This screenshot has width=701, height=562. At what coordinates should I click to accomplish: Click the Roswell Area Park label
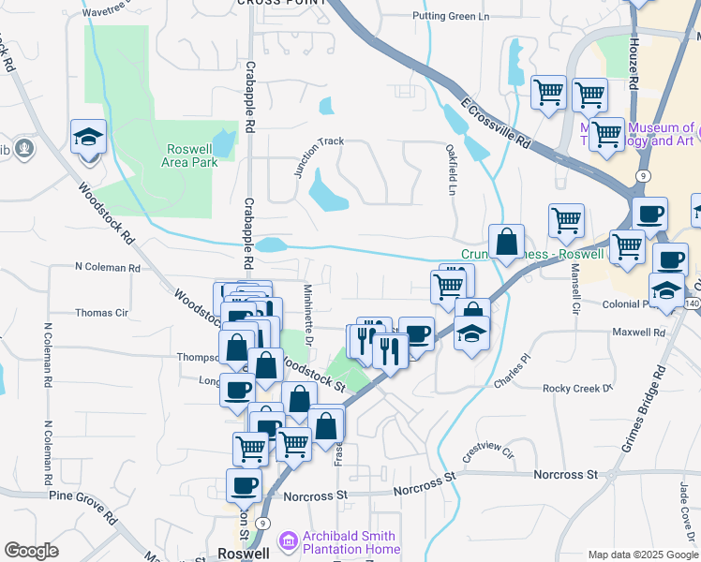[x=192, y=155]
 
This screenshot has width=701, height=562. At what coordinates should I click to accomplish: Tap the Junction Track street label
[x=319, y=155]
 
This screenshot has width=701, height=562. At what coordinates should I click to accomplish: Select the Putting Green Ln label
[x=451, y=16]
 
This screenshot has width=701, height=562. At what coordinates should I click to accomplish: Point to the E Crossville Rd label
[x=496, y=122]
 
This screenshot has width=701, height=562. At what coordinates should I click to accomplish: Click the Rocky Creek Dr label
[x=577, y=388]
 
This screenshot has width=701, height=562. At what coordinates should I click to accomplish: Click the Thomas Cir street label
[x=101, y=313]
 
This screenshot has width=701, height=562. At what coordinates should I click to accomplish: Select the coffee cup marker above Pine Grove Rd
[x=244, y=485]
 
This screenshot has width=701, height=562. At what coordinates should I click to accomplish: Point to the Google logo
[x=31, y=551]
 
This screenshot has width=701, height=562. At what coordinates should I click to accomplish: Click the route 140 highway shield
[x=693, y=304]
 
